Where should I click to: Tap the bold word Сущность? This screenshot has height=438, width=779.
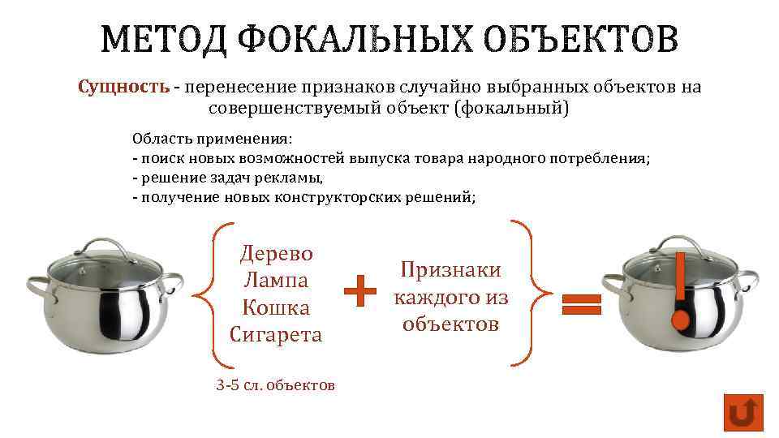(x=124, y=87)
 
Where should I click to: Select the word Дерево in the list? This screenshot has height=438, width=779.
(x=276, y=253)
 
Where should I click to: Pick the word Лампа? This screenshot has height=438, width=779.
(x=276, y=281)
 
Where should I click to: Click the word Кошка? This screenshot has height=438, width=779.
(x=276, y=308)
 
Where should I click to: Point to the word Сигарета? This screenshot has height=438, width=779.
(x=276, y=334)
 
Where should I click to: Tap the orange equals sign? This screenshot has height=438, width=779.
(x=582, y=304)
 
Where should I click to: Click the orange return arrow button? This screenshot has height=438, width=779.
(x=743, y=413)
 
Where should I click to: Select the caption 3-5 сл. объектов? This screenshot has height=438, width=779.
(x=276, y=385)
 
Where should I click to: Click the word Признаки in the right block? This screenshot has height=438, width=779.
(x=451, y=270)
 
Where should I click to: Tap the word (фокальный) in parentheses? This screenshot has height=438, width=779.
(x=513, y=108)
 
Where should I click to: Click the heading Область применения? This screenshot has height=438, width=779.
(x=212, y=139)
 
